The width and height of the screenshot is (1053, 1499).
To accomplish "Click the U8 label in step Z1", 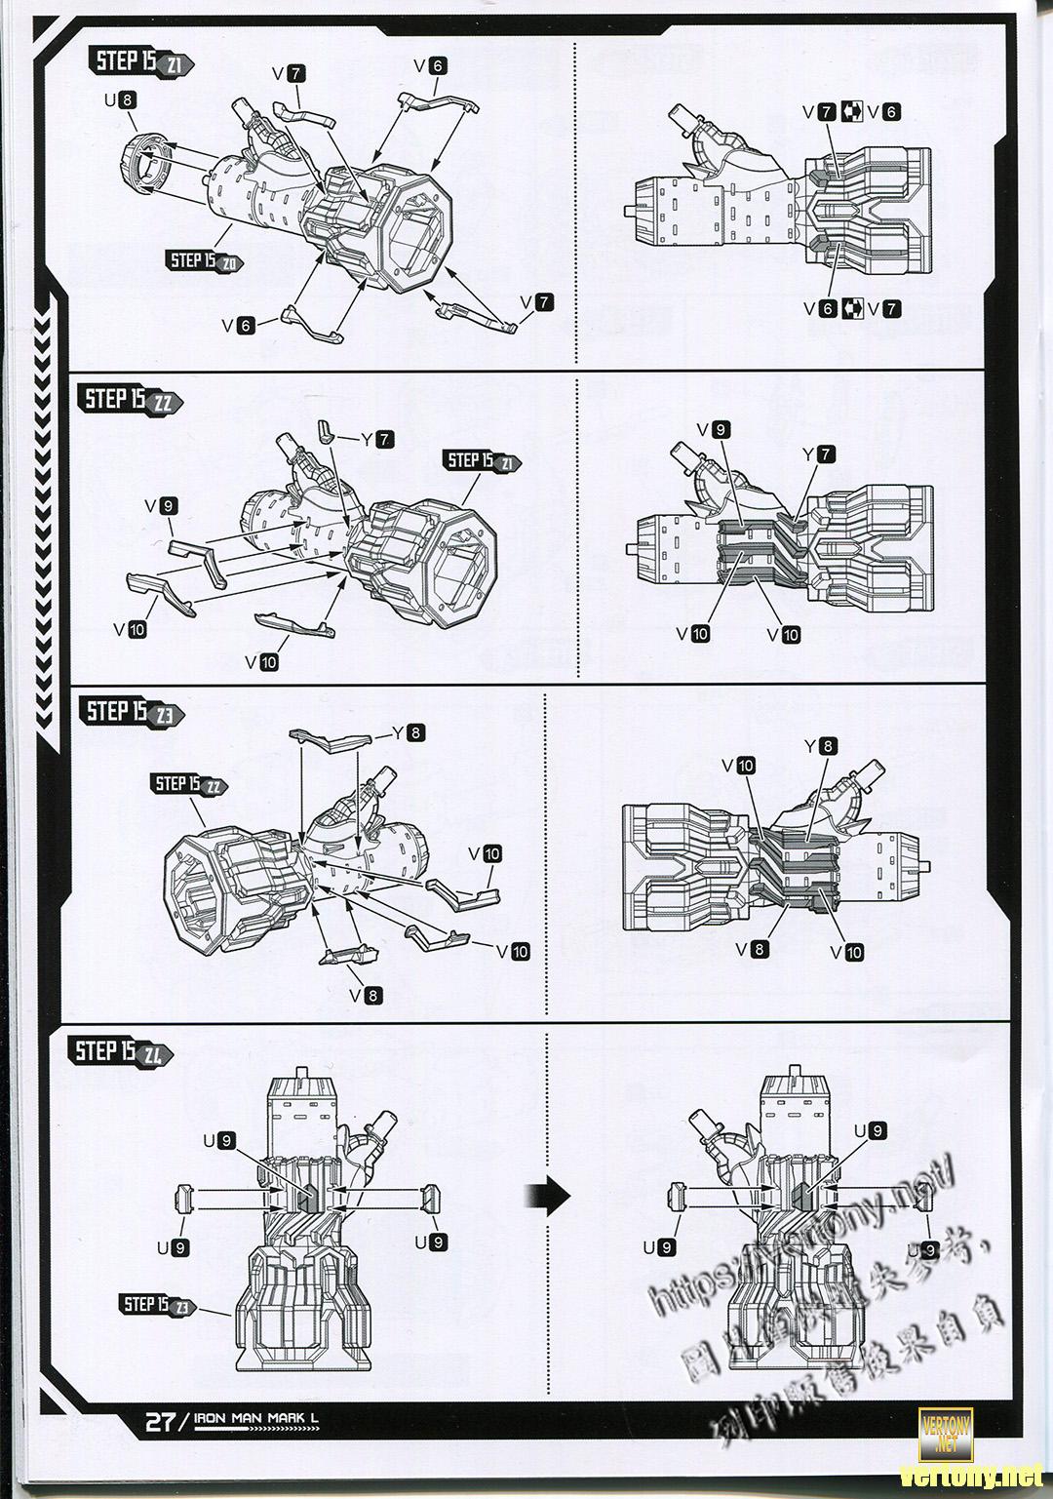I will point(120,99).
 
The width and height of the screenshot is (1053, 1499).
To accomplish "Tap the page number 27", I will point(160,1421).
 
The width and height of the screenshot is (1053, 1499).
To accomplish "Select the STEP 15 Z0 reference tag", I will point(206,260).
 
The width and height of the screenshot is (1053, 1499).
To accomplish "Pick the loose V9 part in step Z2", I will point(199,560).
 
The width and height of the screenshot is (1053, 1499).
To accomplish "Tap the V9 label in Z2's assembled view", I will point(713,430).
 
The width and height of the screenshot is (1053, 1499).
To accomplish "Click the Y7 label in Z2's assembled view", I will point(818,454).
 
